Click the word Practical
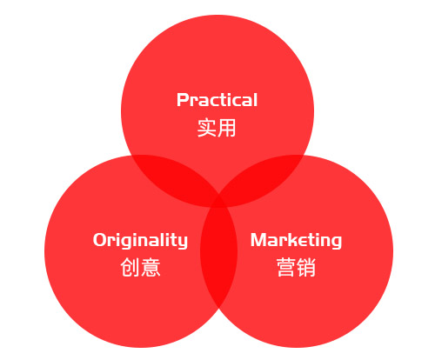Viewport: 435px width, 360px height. tap(217, 100)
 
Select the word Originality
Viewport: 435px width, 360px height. tap(140, 241)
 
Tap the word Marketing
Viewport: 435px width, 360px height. tap(296, 241)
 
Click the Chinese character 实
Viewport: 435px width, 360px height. tap(207, 128)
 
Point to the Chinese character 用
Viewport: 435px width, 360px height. tap(226, 128)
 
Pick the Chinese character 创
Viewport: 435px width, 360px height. tap(130, 267)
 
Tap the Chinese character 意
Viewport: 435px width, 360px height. tap(151, 267)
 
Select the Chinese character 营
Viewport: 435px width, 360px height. tap(286, 267)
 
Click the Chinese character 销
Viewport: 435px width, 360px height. tap(306, 267)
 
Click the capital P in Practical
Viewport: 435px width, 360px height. tap(183, 100)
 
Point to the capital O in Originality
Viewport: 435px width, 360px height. tap(99, 240)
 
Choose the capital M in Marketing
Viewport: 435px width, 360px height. tap(259, 240)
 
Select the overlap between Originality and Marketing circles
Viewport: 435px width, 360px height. tap(218, 252)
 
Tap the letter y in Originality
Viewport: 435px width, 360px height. tap(183, 243)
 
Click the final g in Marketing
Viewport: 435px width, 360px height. tap(336, 243)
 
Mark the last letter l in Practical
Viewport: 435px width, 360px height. tap(255, 100)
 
